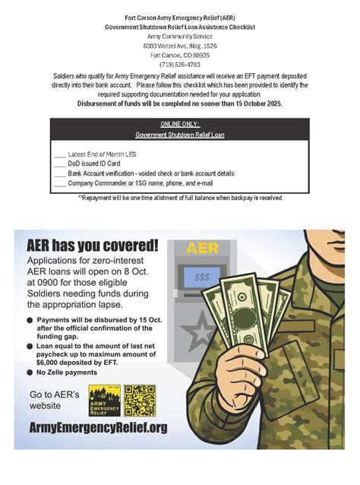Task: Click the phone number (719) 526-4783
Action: point(180,65)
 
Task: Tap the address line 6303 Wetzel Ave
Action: point(180,46)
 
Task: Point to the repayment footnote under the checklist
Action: point(180,198)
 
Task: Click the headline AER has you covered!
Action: point(93,246)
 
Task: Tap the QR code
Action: point(140,401)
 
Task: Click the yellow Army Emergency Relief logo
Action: point(104,401)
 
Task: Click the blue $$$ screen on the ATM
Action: point(202,278)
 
